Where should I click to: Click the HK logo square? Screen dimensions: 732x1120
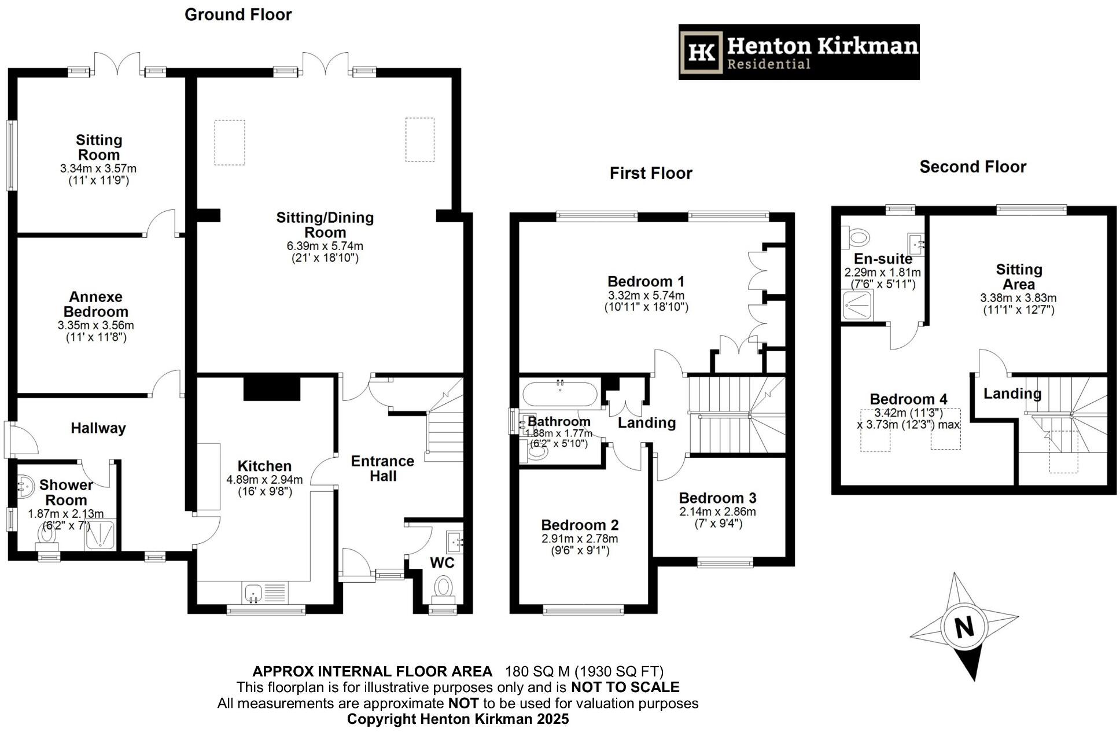[702, 52]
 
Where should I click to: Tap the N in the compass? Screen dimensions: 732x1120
[964, 627]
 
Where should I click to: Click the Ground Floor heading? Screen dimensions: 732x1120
[238, 14]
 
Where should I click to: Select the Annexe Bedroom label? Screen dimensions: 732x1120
[95, 304]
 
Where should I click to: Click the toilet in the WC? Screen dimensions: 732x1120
[444, 586]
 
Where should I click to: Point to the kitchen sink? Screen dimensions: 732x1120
[253, 593]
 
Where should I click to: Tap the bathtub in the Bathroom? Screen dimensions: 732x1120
[559, 394]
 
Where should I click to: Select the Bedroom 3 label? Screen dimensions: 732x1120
[717, 498]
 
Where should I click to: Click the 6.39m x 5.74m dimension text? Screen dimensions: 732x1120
[325, 246]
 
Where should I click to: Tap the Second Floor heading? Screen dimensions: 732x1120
[972, 167]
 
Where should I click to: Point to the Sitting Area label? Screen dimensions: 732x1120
[1019, 277]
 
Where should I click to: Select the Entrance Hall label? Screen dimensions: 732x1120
[382, 468]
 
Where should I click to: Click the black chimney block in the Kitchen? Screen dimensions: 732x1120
[272, 388]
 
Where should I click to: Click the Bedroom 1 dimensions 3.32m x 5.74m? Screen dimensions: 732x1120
[646, 295]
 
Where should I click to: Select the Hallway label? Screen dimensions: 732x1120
[98, 428]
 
